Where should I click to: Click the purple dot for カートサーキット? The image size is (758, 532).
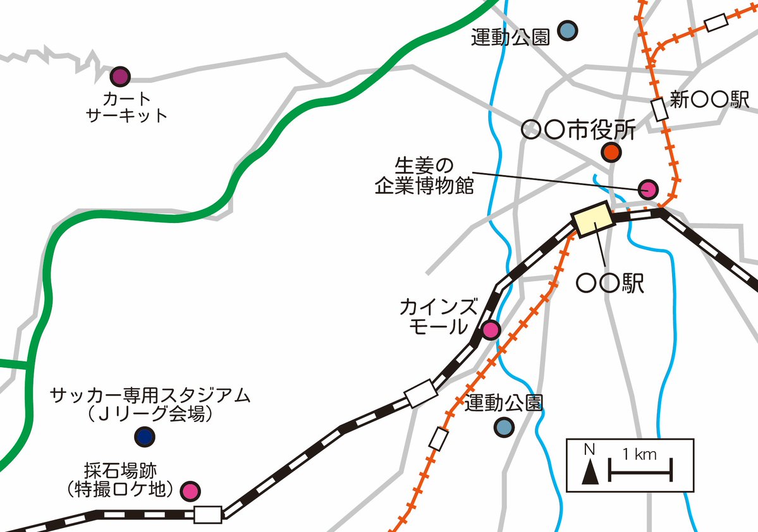click(119, 77)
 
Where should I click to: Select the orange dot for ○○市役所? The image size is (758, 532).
click(611, 152)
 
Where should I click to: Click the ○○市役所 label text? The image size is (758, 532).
click(578, 131)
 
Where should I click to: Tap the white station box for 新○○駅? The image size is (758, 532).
click(660, 109)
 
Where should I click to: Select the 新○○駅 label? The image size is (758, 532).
click(709, 100)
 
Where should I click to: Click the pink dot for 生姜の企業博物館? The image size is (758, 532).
click(648, 188)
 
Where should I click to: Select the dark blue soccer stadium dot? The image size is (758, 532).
click(145, 436)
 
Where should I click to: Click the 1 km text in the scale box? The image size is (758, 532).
click(639, 454)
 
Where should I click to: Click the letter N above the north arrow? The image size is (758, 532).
click(589, 450)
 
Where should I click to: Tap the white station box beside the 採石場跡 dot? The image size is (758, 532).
click(208, 514)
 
